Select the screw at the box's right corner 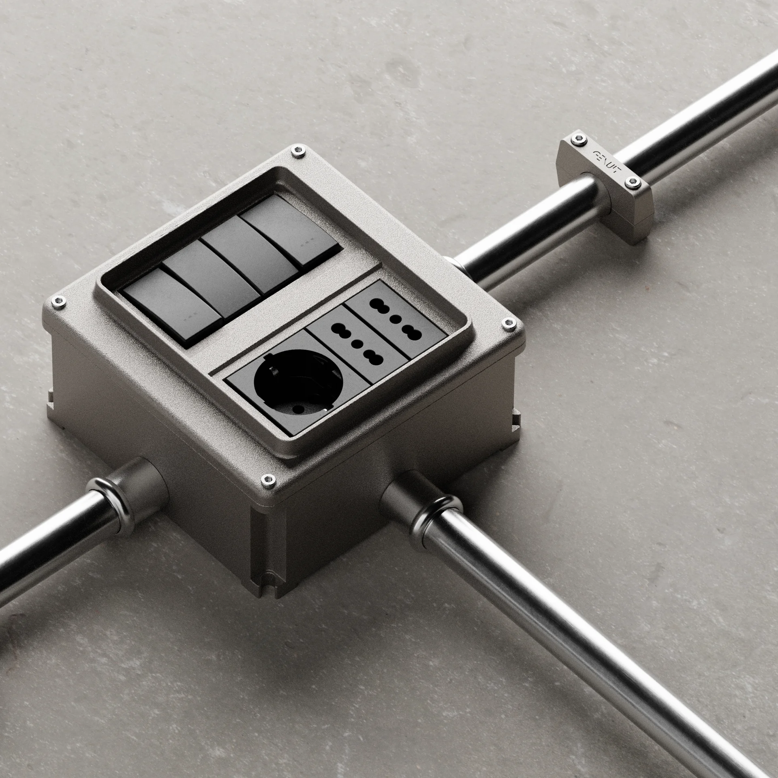click(x=506, y=323)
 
